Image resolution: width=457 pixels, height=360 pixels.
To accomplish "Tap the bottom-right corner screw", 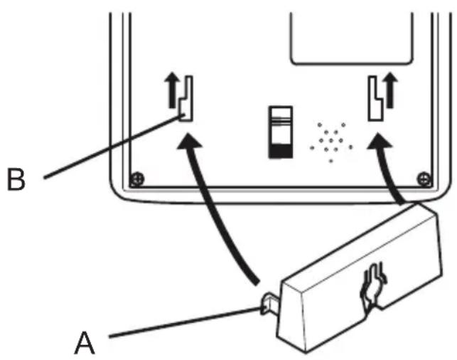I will pyautogui.click(x=424, y=176).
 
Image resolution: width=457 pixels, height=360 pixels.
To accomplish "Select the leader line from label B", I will pyautogui.click(x=107, y=146).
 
